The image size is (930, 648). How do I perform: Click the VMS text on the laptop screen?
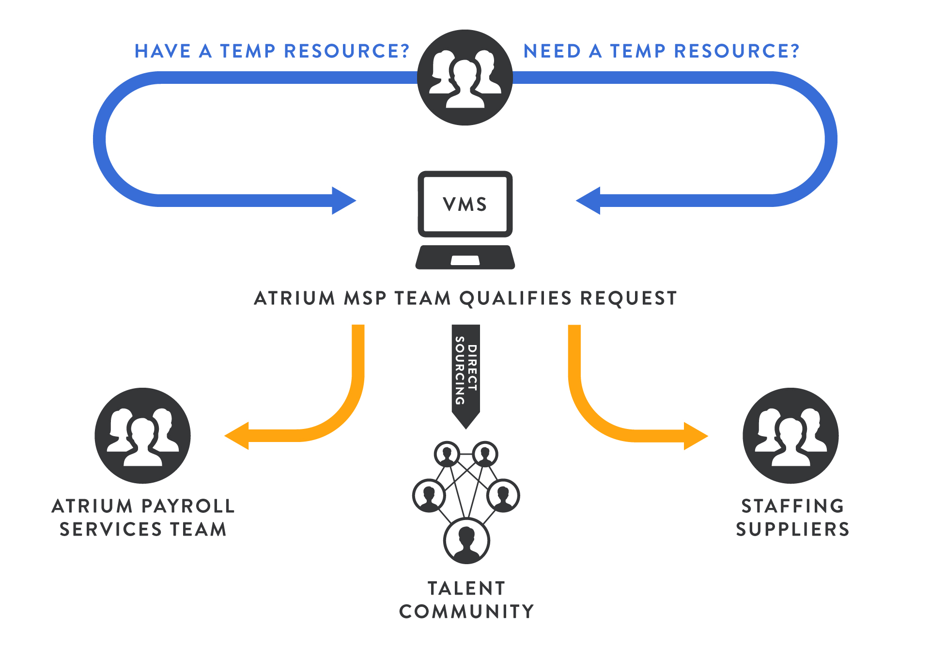[x=465, y=204]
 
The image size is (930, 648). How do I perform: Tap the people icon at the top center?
[x=465, y=78]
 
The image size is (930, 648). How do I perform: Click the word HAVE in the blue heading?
[x=162, y=51]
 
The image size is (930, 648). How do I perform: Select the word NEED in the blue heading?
[x=552, y=51]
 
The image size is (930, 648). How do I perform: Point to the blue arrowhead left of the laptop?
[x=343, y=200]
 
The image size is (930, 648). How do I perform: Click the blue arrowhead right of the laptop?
[x=589, y=200]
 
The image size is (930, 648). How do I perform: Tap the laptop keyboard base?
[x=465, y=257]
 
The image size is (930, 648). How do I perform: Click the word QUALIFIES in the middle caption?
[x=515, y=298]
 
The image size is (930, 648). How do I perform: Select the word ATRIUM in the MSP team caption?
[x=294, y=298]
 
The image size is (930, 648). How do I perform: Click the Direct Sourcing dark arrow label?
[x=466, y=371]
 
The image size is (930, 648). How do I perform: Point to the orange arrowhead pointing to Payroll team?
[x=237, y=436]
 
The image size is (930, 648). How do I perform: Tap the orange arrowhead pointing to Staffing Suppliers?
[x=695, y=436]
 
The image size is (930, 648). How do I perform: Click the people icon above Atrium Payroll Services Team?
[x=142, y=435]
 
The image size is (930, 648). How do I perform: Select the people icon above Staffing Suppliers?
[x=790, y=435]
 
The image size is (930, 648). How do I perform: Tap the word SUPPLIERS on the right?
[x=792, y=529]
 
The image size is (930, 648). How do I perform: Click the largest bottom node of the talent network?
[x=466, y=540]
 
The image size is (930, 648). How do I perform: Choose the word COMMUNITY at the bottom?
[x=466, y=611]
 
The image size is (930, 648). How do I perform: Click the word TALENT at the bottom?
[x=466, y=588]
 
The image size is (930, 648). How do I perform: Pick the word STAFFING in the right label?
[x=792, y=506]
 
